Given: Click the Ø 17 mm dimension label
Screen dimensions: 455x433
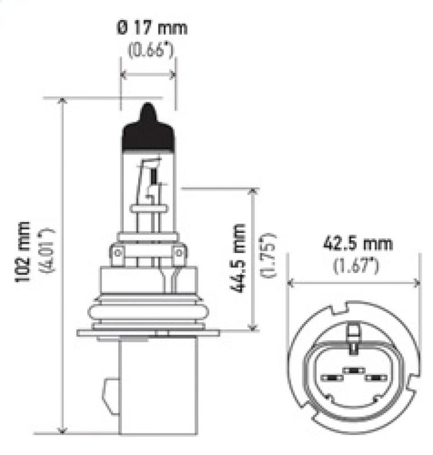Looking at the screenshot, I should [x=152, y=27].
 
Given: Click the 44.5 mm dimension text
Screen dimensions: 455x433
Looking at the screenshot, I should [x=239, y=259].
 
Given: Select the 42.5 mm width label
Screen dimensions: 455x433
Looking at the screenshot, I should [x=349, y=244].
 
